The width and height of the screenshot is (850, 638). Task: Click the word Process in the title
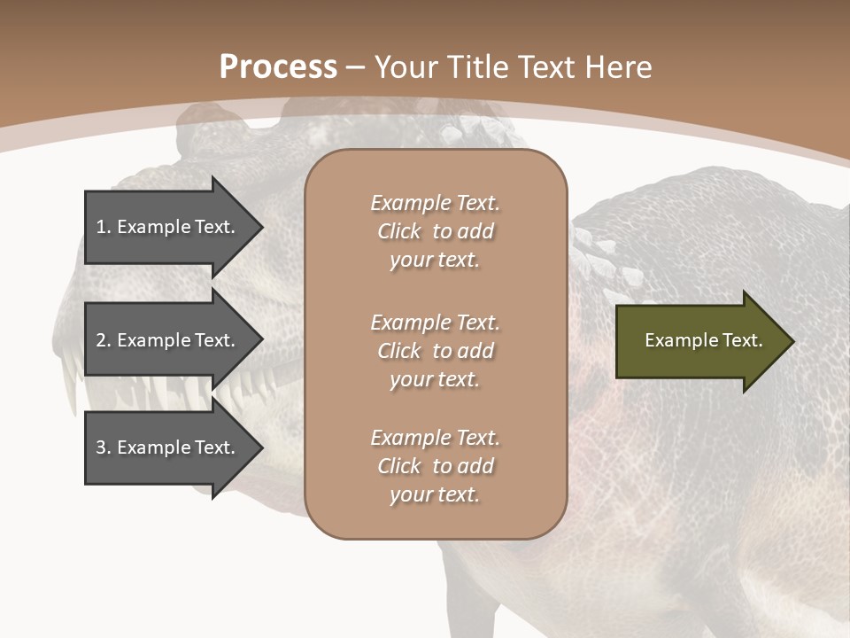pyautogui.click(x=278, y=67)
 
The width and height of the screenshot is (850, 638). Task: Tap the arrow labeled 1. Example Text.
pyautogui.click(x=168, y=227)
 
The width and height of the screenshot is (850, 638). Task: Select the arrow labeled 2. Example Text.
pyautogui.click(x=168, y=340)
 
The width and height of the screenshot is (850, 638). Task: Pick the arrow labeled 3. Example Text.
pyautogui.click(x=168, y=447)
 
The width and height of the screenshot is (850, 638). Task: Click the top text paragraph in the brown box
pyautogui.click(x=435, y=231)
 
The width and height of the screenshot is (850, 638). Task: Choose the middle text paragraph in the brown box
pyautogui.click(x=435, y=351)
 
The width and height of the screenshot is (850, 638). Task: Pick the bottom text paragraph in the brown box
pyautogui.click(x=435, y=466)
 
